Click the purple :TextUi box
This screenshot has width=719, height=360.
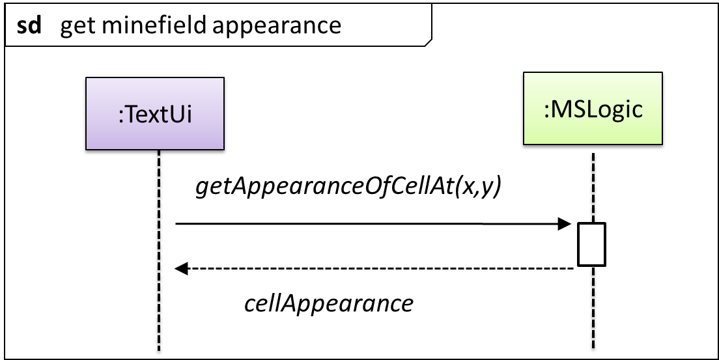(155, 113)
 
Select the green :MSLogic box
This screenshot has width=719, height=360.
(593, 108)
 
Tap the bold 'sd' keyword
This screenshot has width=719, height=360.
(29, 25)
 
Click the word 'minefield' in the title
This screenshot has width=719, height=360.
(154, 25)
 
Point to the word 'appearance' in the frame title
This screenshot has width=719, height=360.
(277, 27)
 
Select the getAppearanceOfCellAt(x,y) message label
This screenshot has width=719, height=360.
(349, 187)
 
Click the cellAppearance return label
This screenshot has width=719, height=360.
(329, 303)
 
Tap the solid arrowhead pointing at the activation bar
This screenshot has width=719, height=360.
(564, 224)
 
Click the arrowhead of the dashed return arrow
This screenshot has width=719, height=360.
(182, 268)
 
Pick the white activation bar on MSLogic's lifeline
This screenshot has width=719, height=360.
(591, 244)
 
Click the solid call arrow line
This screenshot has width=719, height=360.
(373, 224)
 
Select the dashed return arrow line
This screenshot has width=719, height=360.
(374, 268)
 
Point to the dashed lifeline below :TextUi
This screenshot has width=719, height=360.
(159, 251)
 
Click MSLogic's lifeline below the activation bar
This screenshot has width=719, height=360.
(593, 307)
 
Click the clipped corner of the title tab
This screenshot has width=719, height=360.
(429, 43)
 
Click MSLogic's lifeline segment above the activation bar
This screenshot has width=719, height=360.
(593, 187)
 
